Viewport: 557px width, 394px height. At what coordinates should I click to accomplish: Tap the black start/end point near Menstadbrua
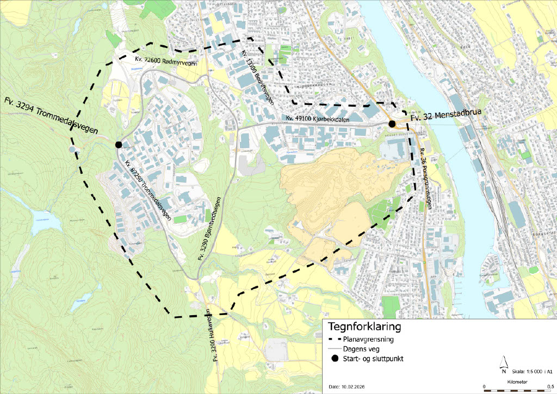tap(392, 124)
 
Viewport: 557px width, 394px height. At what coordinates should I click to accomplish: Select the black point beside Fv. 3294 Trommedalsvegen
tap(119, 144)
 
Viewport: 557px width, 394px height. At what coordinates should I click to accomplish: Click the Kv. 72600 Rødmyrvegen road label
tap(166, 60)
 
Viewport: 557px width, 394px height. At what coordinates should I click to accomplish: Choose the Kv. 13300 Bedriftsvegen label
tap(256, 79)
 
